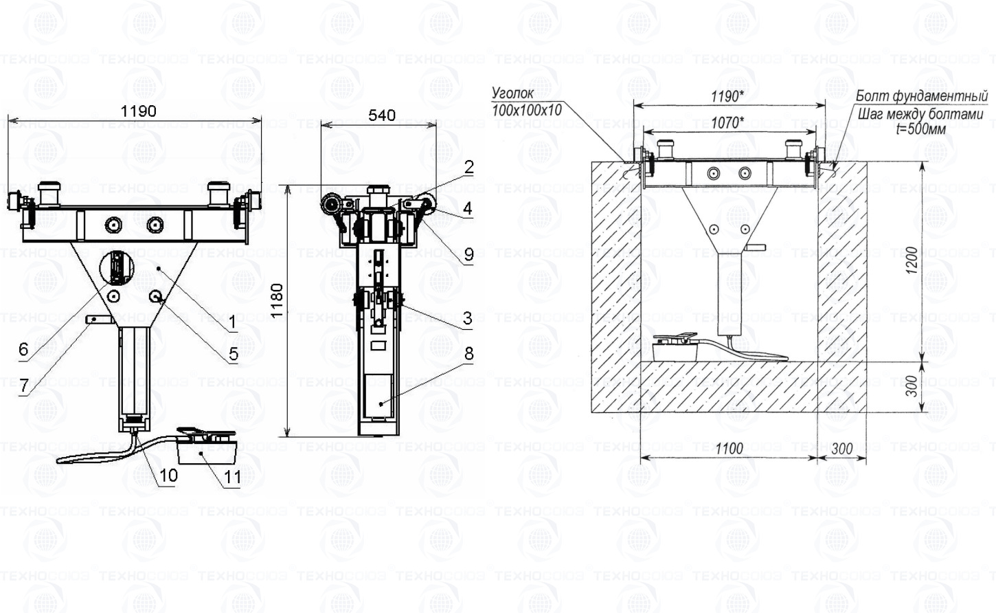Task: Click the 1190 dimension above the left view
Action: [138, 111]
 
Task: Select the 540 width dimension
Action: [381, 115]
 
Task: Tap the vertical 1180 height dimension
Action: [277, 301]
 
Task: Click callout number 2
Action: [468, 168]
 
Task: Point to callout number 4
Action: [467, 208]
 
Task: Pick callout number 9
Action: [468, 254]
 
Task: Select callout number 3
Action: [467, 318]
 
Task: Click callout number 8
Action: [468, 354]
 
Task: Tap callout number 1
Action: [232, 321]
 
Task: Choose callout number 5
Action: [234, 354]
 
